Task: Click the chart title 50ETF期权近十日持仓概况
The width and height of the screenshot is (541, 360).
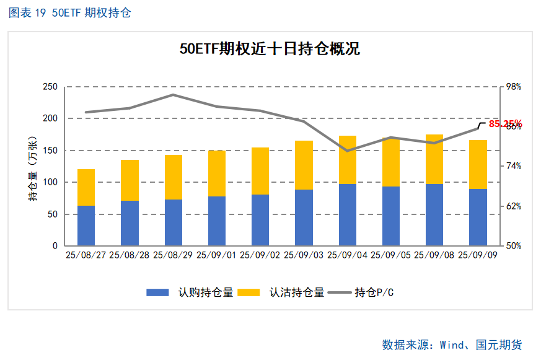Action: tap(270, 49)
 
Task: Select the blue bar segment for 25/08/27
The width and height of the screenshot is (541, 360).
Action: tap(86, 226)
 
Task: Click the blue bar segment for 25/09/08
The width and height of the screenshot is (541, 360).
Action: tap(434, 214)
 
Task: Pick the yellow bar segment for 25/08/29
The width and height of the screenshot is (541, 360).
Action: tap(174, 177)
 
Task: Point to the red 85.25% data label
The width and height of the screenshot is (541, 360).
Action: tap(505, 124)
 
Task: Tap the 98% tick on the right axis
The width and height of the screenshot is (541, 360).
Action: tap(514, 87)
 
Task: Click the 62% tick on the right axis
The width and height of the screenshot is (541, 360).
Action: tap(514, 206)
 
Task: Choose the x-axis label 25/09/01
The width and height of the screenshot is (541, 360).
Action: tap(217, 255)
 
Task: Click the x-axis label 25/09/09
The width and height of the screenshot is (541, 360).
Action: tap(478, 255)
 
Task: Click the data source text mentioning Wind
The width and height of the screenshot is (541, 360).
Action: tap(452, 345)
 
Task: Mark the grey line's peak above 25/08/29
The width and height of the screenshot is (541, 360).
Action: tap(174, 95)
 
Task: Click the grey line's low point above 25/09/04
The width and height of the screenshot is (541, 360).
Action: tap(347, 151)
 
